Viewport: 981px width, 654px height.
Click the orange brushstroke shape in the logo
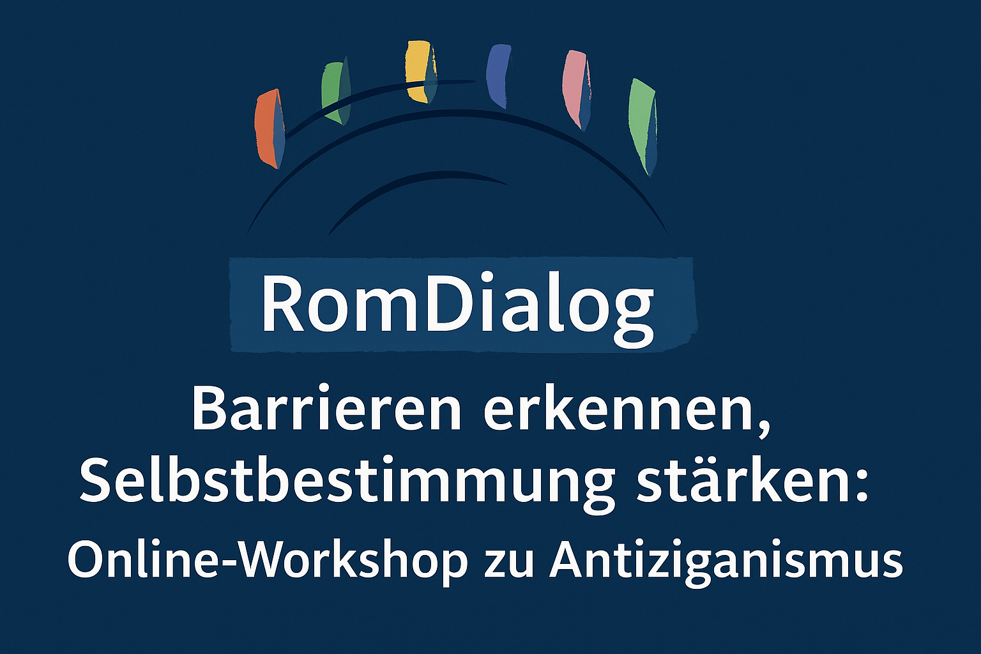[269, 129]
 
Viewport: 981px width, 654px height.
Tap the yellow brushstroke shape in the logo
[421, 72]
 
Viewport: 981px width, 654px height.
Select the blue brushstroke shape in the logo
[499, 76]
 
